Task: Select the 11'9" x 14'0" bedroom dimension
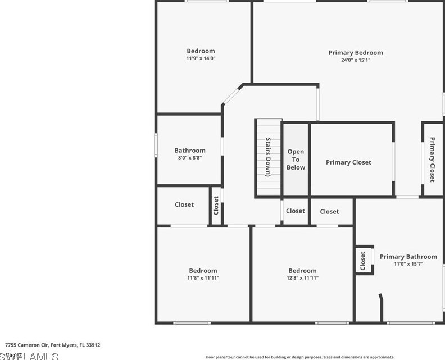click(x=201, y=58)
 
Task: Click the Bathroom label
click(x=190, y=151)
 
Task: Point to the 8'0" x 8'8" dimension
click(x=190, y=158)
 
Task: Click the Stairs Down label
click(x=269, y=157)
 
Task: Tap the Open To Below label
click(x=296, y=160)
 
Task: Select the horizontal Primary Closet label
click(x=348, y=162)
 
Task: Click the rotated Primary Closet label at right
click(x=432, y=160)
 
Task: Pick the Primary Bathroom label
click(x=408, y=257)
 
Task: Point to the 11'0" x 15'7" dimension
click(x=408, y=264)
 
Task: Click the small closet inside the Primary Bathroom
click(x=363, y=260)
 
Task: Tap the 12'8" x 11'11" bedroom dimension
click(x=302, y=278)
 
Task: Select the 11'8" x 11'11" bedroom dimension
click(x=203, y=278)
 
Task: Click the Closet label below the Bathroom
click(x=184, y=204)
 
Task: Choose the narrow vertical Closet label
click(x=216, y=205)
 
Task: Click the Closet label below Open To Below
click(x=296, y=211)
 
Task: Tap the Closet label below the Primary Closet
click(x=329, y=212)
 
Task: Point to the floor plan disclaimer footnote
click(x=300, y=357)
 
